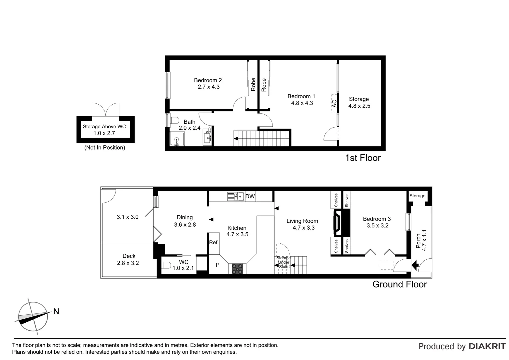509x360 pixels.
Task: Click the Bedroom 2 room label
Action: [x=208, y=80]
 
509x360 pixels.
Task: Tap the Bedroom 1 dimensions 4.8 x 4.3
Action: [x=302, y=103]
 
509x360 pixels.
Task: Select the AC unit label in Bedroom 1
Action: [x=334, y=104]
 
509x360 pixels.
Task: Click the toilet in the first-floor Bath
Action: [x=174, y=121]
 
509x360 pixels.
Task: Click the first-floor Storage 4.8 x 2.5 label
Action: [x=359, y=102]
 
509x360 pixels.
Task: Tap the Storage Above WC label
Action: [x=104, y=127]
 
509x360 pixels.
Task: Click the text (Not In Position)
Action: [x=105, y=147]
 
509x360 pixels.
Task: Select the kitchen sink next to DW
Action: [x=236, y=196]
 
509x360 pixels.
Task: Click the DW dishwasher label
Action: [x=250, y=196]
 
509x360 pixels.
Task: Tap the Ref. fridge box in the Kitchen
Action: [x=214, y=242]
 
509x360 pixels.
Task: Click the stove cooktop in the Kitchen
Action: [x=238, y=268]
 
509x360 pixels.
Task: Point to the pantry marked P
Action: [x=218, y=265]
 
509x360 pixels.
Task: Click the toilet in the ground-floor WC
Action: [x=166, y=266]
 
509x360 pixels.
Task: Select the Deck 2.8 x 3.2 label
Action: [x=128, y=259]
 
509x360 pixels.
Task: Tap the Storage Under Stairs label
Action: [x=283, y=262]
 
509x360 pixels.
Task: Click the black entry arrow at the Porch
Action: [x=415, y=266]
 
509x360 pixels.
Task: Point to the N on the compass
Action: [x=56, y=311]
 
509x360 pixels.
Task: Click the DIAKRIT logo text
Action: [x=487, y=346]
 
